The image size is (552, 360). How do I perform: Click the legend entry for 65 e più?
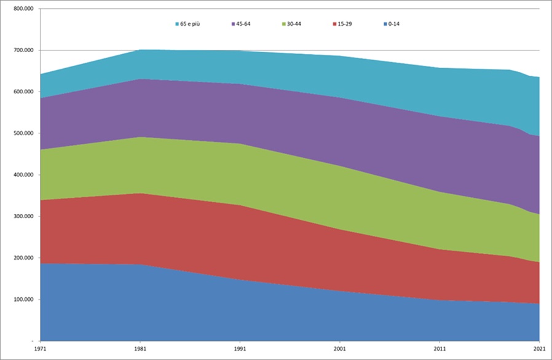[191, 24]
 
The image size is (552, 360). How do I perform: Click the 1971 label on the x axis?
[40, 349]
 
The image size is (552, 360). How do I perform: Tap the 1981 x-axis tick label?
[140, 349]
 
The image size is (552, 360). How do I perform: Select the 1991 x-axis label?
[240, 349]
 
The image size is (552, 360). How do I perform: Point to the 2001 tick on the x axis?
[339, 349]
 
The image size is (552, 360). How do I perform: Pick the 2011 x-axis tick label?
[440, 349]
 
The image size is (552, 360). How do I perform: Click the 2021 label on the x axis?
[539, 349]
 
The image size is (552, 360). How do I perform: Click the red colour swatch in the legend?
[334, 24]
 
